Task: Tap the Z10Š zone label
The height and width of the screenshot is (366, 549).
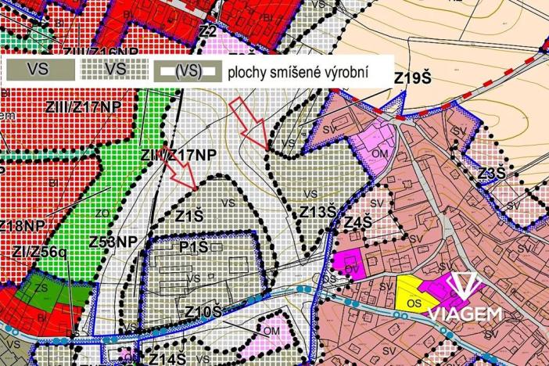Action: coord(204,312)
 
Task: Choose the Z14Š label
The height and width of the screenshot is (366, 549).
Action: coord(167,358)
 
